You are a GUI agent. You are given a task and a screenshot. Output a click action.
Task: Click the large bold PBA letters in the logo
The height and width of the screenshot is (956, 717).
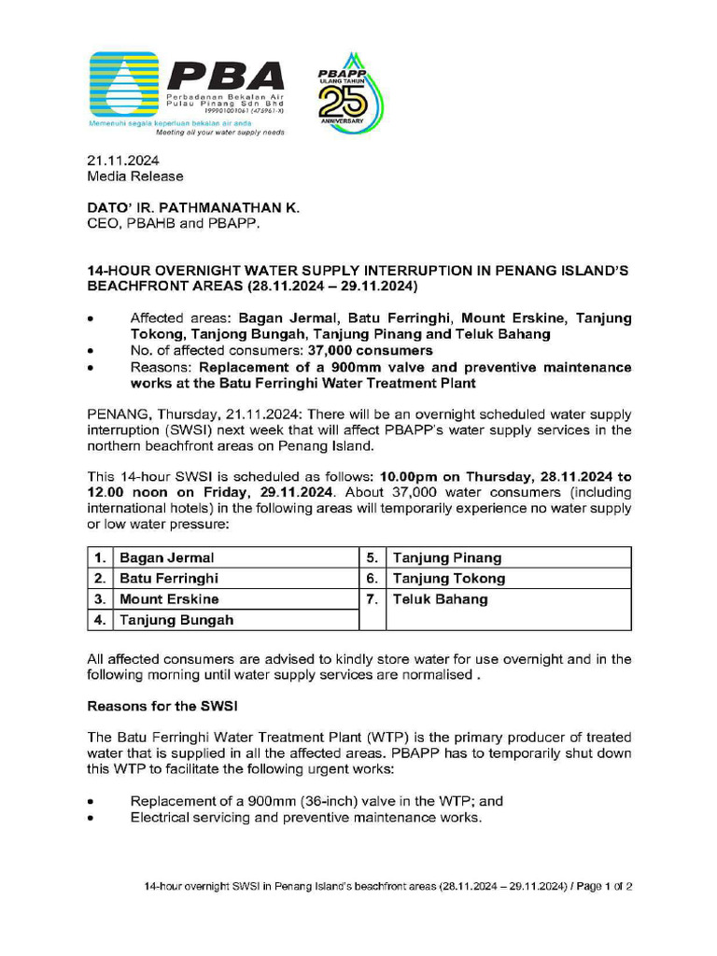224,77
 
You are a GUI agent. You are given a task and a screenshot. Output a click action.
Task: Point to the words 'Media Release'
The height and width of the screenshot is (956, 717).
135,176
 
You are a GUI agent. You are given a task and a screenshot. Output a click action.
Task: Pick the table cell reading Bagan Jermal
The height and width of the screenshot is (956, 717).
166,558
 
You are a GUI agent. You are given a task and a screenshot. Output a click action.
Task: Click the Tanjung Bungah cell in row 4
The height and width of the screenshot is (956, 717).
176,620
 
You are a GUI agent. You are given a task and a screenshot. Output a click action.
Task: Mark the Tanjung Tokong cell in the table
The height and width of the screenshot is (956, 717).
449,579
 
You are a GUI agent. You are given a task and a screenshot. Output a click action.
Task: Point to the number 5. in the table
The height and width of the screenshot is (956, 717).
372,558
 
